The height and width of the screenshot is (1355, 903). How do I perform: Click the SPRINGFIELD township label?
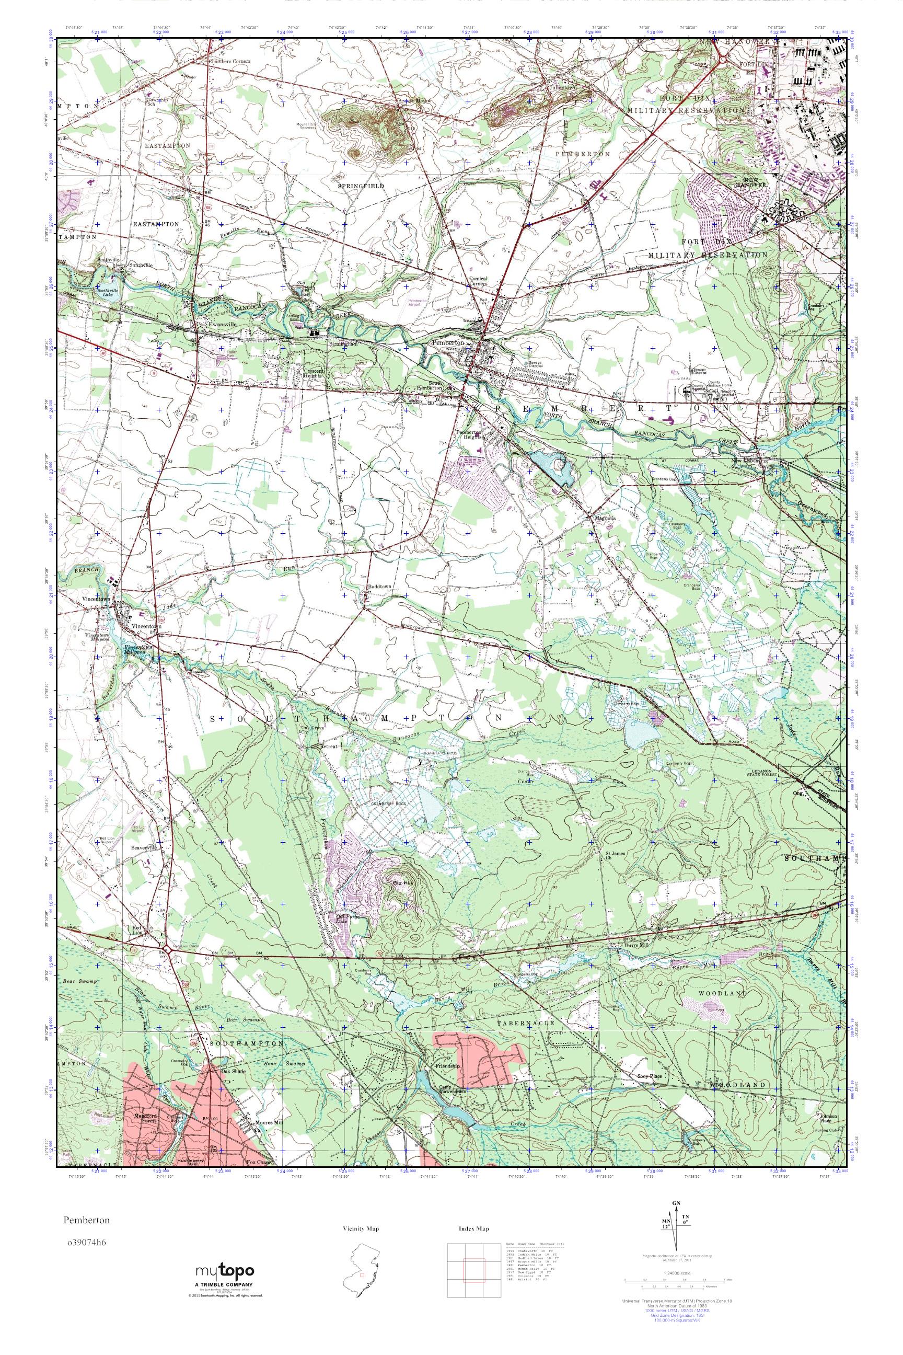pyautogui.click(x=361, y=186)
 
